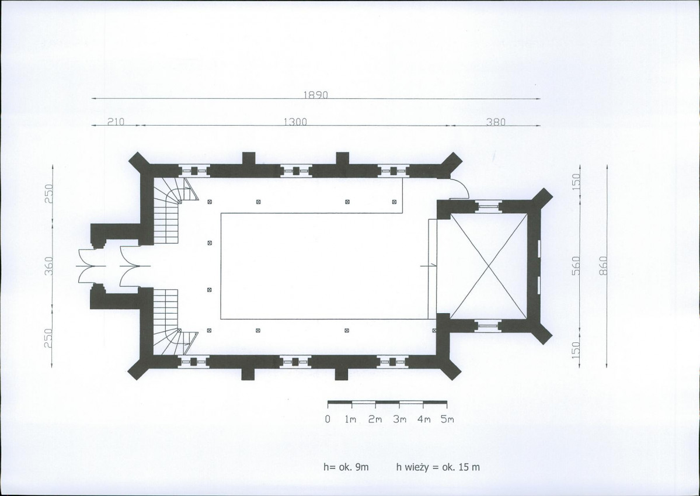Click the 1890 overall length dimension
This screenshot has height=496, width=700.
[x=316, y=95]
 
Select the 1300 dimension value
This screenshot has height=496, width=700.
[x=295, y=122]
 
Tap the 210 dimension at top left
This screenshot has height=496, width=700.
[x=116, y=122]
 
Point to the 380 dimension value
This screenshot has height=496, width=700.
[x=496, y=122]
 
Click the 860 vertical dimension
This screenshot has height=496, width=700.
[x=603, y=266]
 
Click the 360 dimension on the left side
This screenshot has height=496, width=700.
[x=49, y=266]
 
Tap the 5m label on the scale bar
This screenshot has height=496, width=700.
[x=447, y=419]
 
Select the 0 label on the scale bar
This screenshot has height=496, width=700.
[x=328, y=419]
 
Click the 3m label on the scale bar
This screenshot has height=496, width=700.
[x=399, y=419]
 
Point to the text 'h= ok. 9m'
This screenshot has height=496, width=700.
[x=346, y=467]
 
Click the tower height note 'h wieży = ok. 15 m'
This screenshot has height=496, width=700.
[x=438, y=467]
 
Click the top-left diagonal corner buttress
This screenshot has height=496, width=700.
[x=139, y=162]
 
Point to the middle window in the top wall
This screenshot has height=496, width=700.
[x=295, y=171]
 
